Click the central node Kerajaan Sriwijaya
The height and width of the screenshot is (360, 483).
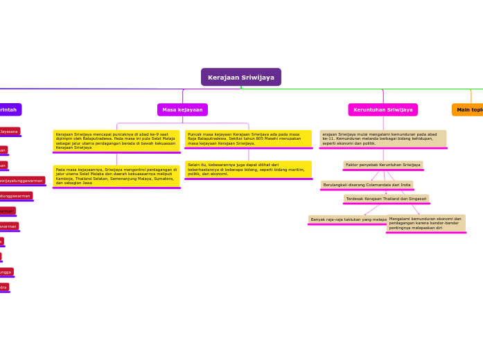click(240, 77)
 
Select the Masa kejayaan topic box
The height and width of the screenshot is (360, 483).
click(182, 109)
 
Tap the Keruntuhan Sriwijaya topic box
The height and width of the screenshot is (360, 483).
click(383, 109)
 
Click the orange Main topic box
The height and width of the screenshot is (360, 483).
click(468, 109)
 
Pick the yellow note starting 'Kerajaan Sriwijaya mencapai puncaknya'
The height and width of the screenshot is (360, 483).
click(116, 141)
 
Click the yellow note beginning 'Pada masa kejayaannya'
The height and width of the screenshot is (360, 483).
click(116, 176)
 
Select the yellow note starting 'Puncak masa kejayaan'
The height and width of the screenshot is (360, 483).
click(248, 138)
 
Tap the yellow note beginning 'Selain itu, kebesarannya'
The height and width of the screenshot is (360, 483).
click(248, 169)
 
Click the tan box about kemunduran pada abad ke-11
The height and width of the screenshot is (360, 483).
click(383, 138)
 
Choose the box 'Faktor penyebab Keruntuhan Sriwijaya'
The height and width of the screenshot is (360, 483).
click(383, 165)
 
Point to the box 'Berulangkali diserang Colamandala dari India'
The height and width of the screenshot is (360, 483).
click(367, 185)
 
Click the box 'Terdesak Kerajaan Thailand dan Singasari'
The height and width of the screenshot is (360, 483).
click(386, 199)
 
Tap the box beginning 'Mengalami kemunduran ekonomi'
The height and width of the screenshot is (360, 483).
click(425, 223)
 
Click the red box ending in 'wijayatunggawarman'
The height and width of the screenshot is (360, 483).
click(23, 181)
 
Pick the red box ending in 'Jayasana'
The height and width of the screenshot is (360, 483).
click(10, 131)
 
